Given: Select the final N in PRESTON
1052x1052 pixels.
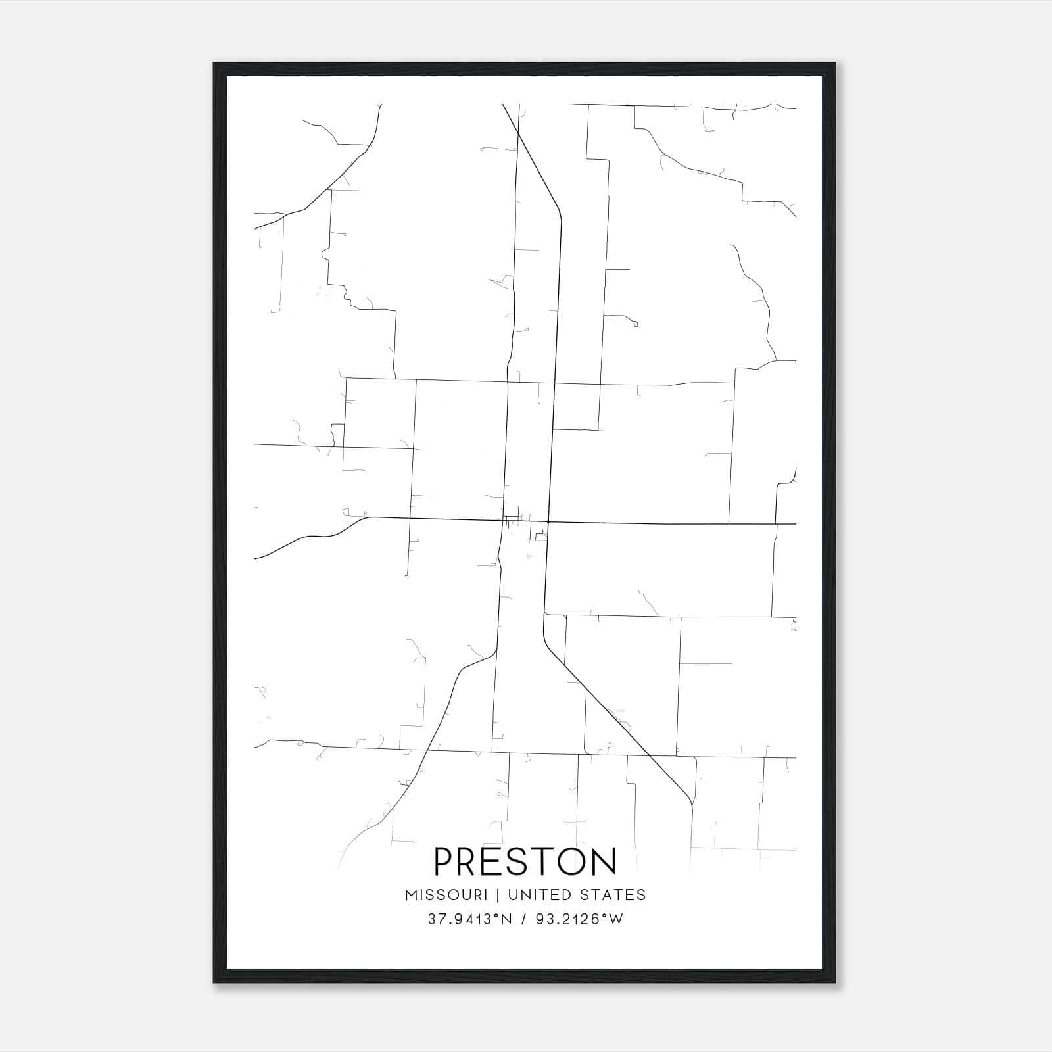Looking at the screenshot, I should tap(605, 861).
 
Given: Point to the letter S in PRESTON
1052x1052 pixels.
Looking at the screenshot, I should tap(514, 861).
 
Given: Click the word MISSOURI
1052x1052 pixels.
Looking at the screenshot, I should tap(446, 895).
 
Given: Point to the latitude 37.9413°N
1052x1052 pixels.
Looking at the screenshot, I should tap(469, 919).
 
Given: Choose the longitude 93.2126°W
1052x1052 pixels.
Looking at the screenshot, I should tap(579, 919).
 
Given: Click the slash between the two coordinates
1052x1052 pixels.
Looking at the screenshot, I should tap(524, 919).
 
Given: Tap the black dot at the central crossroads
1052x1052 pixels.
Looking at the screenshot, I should tap(548, 522).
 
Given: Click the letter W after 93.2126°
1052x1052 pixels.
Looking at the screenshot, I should tap(615, 919).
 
